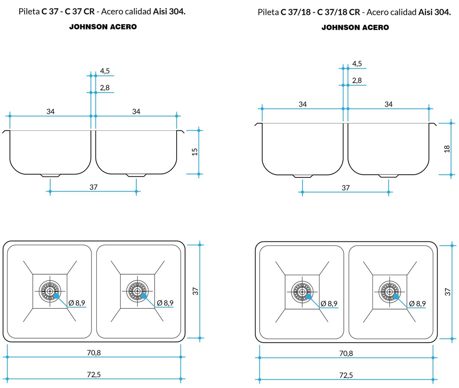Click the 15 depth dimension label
[x=195, y=151]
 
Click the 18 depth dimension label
[x=447, y=148]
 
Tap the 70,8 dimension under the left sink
[x=94, y=353]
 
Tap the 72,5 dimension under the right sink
[x=346, y=375]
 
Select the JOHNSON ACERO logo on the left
[x=103, y=27]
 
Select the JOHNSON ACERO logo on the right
[x=355, y=27]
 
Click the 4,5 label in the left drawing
[x=105, y=71]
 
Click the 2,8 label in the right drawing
[x=357, y=81]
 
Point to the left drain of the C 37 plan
[x=49, y=291]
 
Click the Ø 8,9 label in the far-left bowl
[x=77, y=303]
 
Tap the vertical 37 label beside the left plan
[x=195, y=291]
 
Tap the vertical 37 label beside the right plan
[x=447, y=292]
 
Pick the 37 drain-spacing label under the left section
[x=93, y=187]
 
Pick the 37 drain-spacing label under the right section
[x=346, y=188]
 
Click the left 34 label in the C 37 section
[x=51, y=112]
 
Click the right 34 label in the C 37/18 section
[x=388, y=104]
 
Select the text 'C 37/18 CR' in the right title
[x=338, y=12]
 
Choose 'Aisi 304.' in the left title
[x=169, y=12]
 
